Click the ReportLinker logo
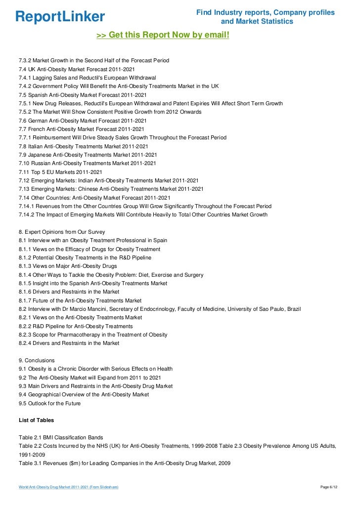tap(60, 17)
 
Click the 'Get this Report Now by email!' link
tap(163, 36)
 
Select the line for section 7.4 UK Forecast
tap(77, 69)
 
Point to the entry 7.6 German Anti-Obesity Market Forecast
tap(83, 121)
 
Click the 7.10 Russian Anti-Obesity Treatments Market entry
tap(88, 163)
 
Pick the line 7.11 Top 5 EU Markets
tap(60, 172)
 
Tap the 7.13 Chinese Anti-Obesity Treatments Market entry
tap(111, 189)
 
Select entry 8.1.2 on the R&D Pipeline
tap(85, 257)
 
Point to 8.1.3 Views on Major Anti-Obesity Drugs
tap(68, 266)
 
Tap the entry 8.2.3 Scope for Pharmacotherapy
tap(93, 335)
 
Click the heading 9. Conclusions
tap(37, 360)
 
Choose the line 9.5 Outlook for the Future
tap(49, 403)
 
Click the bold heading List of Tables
tap(36, 421)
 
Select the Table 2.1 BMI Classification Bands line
tap(61, 437)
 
